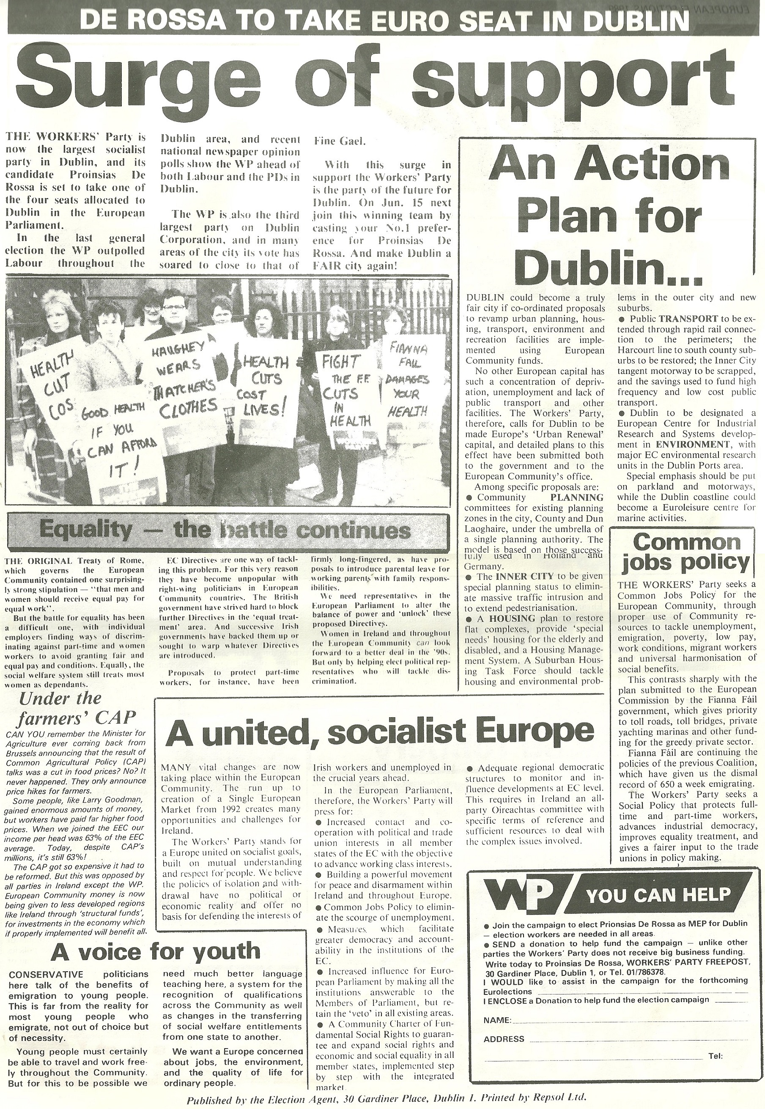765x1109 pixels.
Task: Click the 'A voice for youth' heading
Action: [155, 951]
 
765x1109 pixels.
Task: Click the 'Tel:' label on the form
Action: [715, 1056]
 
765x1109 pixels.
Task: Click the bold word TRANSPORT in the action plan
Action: [688, 319]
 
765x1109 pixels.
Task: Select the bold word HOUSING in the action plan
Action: [512, 618]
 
